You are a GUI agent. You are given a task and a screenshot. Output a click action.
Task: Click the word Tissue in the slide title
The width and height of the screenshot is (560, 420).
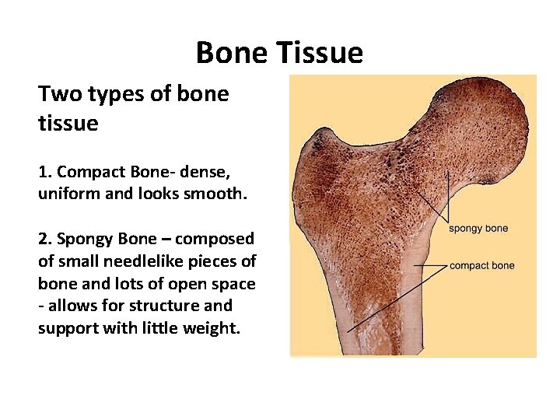point(325,53)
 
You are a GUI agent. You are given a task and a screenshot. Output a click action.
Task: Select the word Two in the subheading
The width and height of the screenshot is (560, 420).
point(56,94)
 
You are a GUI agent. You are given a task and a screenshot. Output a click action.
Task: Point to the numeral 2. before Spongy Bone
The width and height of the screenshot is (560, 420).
point(44,238)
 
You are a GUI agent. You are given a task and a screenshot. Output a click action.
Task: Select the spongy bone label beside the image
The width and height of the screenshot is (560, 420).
point(478,229)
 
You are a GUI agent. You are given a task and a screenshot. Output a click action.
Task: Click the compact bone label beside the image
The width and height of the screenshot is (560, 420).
point(481,266)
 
